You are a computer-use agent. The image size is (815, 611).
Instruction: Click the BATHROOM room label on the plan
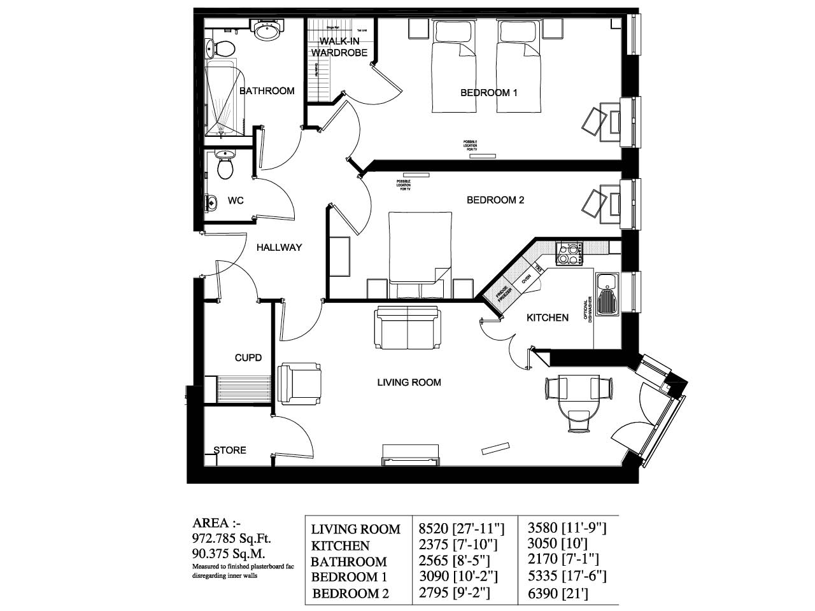point(267,91)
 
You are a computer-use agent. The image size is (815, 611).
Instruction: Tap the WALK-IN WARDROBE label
point(339,47)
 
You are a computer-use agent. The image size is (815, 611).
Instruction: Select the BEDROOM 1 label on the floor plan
point(488,93)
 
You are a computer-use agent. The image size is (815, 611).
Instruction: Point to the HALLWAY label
point(279,248)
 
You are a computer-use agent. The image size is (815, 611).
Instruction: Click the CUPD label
point(248,358)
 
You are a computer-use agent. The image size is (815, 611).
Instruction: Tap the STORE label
point(230,450)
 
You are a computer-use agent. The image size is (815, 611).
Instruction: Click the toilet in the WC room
point(224,167)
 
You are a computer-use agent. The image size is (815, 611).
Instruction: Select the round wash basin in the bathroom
point(266,30)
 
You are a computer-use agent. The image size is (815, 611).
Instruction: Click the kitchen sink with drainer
point(606,293)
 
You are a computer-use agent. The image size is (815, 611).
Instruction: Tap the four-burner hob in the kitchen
point(570,253)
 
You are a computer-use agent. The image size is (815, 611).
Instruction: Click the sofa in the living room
point(407,327)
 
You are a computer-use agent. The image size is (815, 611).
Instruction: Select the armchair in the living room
point(300,383)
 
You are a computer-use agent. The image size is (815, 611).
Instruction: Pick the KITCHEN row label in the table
point(340,545)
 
